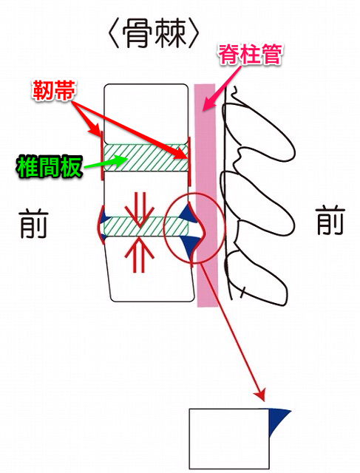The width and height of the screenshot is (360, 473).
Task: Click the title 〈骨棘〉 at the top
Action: coord(153,34)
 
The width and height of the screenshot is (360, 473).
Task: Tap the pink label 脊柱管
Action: coord(250,55)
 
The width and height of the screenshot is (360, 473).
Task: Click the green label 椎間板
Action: coord(49,166)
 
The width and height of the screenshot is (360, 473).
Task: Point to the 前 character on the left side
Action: coord(33,224)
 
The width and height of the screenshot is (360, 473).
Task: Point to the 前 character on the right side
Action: coord(330,220)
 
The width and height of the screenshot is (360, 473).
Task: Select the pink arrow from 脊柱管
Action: coord(222,87)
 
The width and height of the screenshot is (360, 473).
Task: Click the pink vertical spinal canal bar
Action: coord(206,195)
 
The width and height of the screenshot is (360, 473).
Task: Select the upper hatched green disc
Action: coord(146,157)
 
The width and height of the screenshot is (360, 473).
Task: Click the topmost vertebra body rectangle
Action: coord(146,114)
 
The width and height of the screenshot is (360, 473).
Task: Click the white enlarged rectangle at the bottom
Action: coord(229,438)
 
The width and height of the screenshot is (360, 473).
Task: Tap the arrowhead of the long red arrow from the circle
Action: coord(260,395)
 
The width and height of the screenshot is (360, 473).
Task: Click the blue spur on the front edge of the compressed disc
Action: coord(103,217)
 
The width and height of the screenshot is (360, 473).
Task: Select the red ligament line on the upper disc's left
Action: coord(101,156)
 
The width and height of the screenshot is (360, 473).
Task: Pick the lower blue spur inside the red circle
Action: coord(189,245)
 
